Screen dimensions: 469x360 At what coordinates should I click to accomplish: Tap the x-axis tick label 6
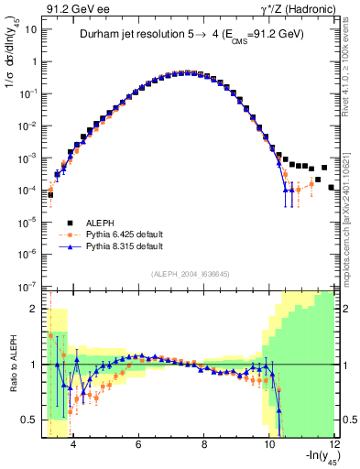pos(138,444)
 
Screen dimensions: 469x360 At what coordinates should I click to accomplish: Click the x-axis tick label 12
pos(334,444)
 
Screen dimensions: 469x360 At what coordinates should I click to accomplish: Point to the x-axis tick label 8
pos(203,444)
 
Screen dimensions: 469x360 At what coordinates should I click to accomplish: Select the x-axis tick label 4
pos(73,444)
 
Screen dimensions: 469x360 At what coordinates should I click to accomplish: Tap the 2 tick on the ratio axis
pos(34,309)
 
